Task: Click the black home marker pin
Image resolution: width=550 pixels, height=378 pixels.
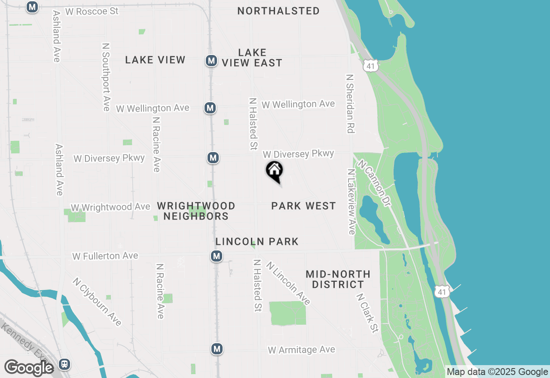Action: (275, 171)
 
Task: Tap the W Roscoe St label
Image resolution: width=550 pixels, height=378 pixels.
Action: (92, 11)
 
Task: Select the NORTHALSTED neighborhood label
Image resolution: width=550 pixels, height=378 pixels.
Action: (278, 11)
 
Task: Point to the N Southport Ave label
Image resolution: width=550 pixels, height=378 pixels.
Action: (106, 77)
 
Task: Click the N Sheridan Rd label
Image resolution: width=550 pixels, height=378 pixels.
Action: (351, 104)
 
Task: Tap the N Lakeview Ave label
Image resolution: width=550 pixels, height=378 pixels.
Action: (351, 201)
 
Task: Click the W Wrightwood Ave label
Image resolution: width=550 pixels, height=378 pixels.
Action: (110, 207)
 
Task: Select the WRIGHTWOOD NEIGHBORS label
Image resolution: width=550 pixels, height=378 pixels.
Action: (196, 211)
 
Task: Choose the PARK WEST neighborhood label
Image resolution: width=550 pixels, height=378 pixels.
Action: (303, 206)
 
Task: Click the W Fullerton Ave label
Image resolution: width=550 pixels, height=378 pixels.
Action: (105, 256)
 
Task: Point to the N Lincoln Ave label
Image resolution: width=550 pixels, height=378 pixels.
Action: (288, 283)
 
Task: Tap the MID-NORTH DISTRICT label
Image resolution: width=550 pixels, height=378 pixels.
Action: (338, 279)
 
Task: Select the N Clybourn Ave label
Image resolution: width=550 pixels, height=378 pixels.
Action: (97, 302)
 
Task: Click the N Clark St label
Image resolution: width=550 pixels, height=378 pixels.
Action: (367, 313)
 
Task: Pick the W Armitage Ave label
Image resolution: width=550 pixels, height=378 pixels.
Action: (301, 350)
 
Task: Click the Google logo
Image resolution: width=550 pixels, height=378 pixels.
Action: (29, 368)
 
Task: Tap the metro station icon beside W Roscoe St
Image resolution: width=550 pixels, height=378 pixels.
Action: (32, 7)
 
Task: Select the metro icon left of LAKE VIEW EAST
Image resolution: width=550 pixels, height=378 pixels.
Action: (211, 61)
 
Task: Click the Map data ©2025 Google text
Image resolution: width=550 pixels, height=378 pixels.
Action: (497, 372)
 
